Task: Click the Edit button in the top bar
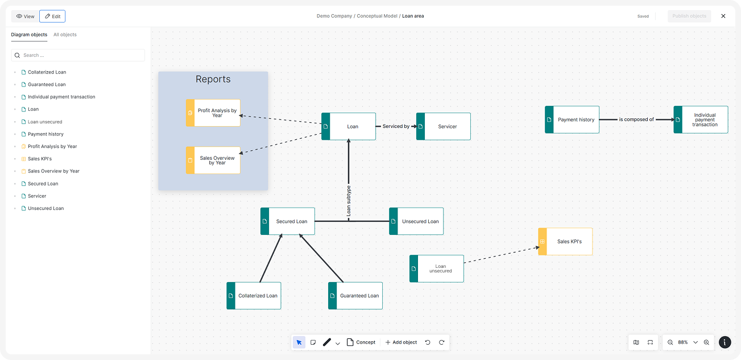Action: coord(52,16)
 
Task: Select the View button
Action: coord(25,16)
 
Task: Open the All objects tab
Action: coord(65,35)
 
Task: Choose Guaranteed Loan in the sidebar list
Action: coord(47,85)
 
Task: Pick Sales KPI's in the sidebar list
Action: coord(39,159)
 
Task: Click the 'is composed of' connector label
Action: coord(636,119)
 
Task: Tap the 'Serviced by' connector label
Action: coord(396,126)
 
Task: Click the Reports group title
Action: coord(213,79)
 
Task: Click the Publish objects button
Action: coord(689,16)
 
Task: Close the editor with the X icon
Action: coord(723,16)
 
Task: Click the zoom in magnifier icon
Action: coord(706,342)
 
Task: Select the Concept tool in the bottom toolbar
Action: coord(361,342)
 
